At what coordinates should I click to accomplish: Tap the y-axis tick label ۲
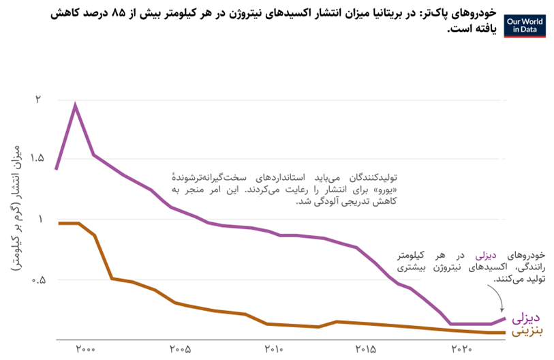point(39,100)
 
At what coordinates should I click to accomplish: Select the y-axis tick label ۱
point(39,219)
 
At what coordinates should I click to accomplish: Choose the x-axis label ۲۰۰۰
point(85,350)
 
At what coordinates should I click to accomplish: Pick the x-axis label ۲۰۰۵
point(179,350)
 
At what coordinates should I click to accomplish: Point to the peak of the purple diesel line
point(75,106)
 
